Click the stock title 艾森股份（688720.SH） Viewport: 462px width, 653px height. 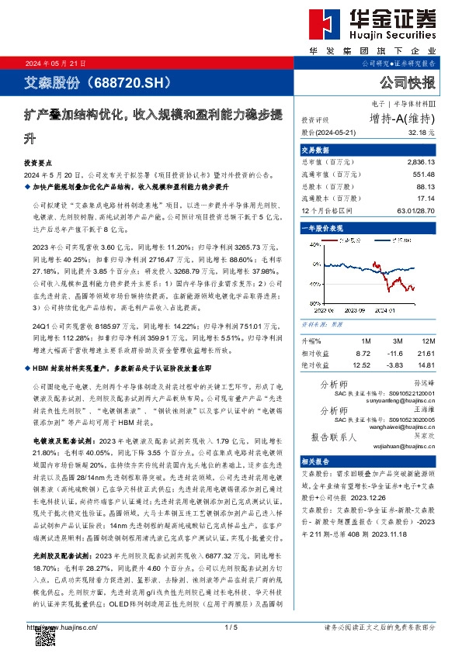(83, 82)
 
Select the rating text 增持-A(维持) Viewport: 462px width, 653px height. (402, 119)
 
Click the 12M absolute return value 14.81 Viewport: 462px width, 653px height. (426, 365)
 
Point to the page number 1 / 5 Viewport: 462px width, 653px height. (231, 627)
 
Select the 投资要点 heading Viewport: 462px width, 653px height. (40, 165)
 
